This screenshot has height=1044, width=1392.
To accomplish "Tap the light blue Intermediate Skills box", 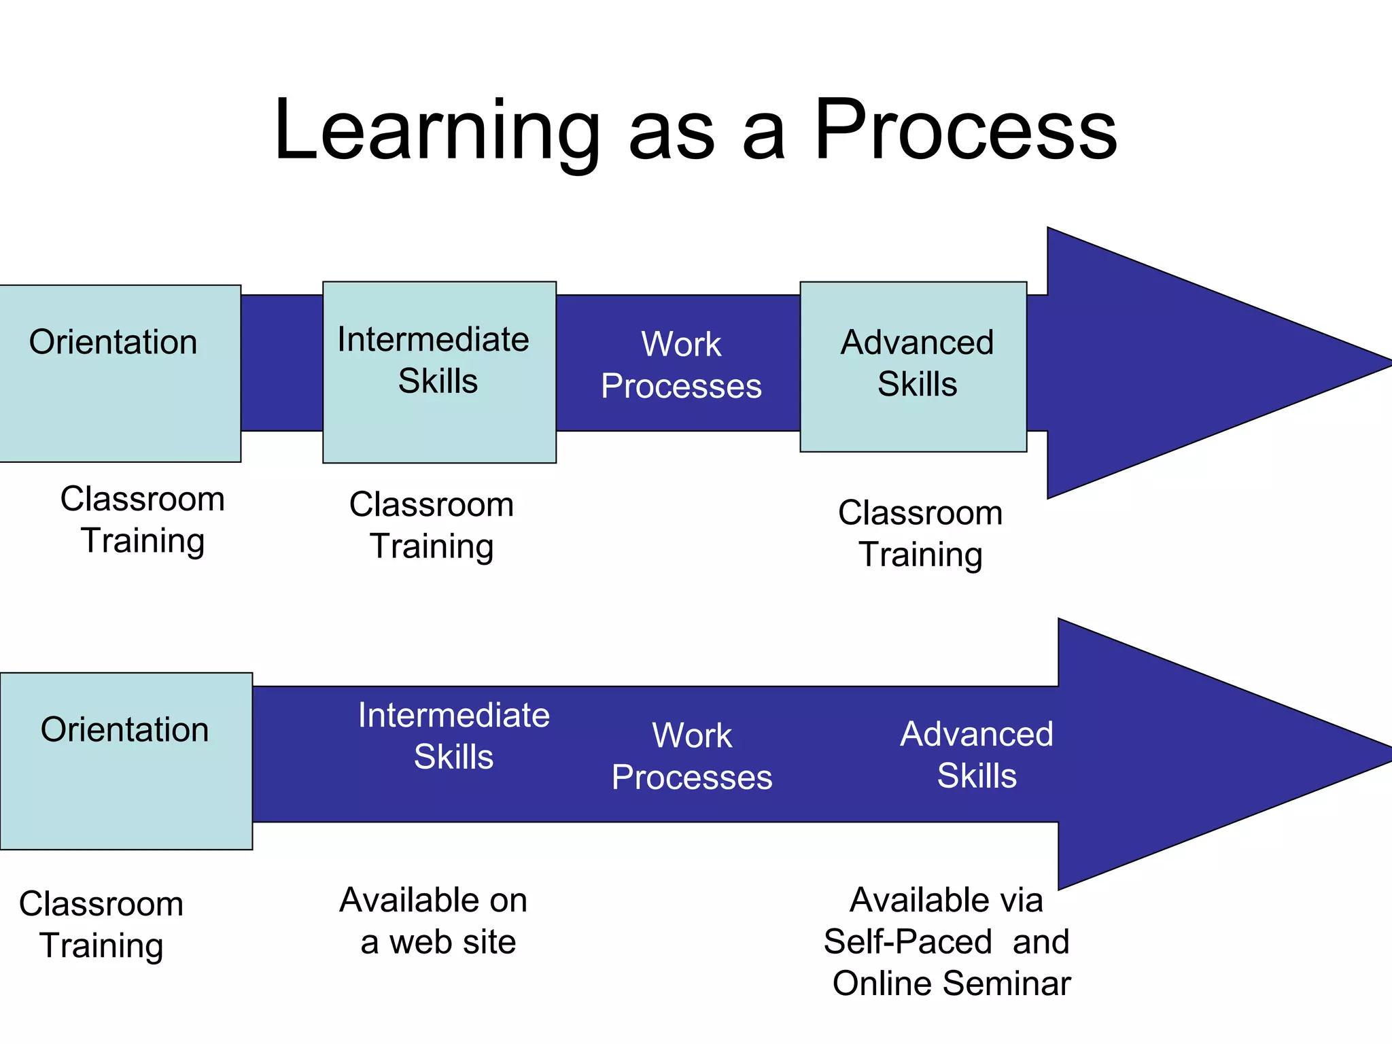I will click(x=439, y=372).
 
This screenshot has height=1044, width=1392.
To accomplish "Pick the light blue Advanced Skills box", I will click(x=913, y=366).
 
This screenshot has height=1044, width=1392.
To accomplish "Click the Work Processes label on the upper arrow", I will click(x=681, y=365).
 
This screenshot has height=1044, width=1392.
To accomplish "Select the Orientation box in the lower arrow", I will click(x=126, y=761).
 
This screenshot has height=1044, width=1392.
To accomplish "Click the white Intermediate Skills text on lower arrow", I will click(x=453, y=736).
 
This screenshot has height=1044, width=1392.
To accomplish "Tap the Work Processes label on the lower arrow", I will click(x=692, y=756).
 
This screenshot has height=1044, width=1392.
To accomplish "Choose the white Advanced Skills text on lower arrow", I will click(x=977, y=755).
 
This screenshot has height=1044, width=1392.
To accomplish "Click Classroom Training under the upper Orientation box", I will click(x=143, y=520).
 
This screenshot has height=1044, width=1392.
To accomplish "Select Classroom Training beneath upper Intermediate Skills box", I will click(x=432, y=525).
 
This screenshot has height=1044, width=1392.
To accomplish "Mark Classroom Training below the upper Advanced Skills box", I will click(x=920, y=534).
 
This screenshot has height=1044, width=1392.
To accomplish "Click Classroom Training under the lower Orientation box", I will click(x=101, y=924).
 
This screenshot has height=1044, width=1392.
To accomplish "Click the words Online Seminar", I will click(x=952, y=984).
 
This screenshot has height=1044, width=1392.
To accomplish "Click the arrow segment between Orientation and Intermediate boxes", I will click(x=281, y=363).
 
